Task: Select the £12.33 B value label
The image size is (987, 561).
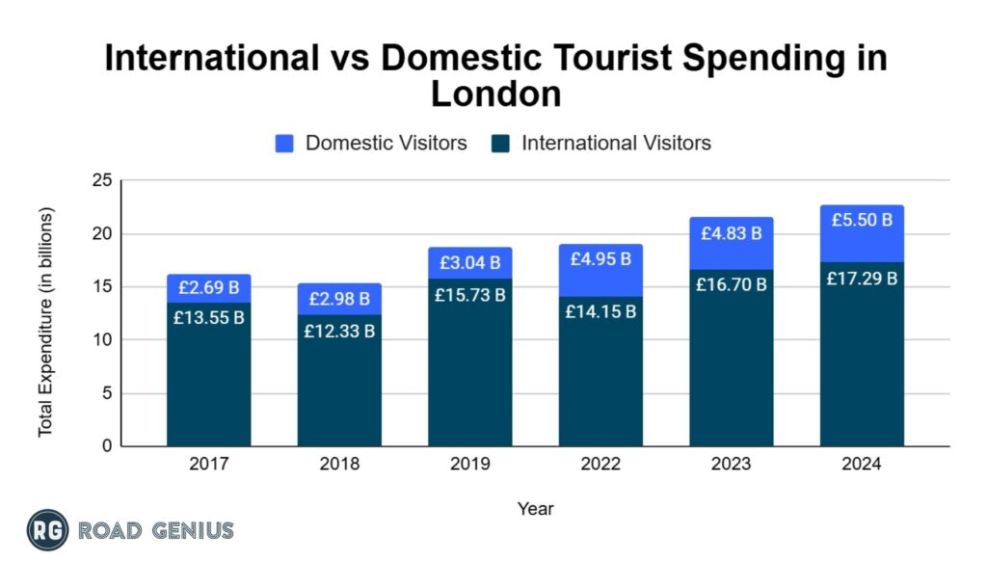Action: (x=339, y=331)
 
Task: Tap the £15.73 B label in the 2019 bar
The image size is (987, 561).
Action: (x=470, y=295)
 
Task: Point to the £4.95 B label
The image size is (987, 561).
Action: (x=600, y=258)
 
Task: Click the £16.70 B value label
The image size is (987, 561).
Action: (x=732, y=284)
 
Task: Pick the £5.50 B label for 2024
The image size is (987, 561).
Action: (x=863, y=220)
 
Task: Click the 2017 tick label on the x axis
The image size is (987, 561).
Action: (x=208, y=465)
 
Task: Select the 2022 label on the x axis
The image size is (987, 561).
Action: (x=600, y=465)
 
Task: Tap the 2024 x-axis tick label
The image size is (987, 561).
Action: (x=863, y=465)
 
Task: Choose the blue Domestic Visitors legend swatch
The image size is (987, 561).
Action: (x=284, y=144)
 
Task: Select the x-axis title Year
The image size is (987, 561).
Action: (x=535, y=508)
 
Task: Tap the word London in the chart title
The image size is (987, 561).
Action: (x=494, y=94)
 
